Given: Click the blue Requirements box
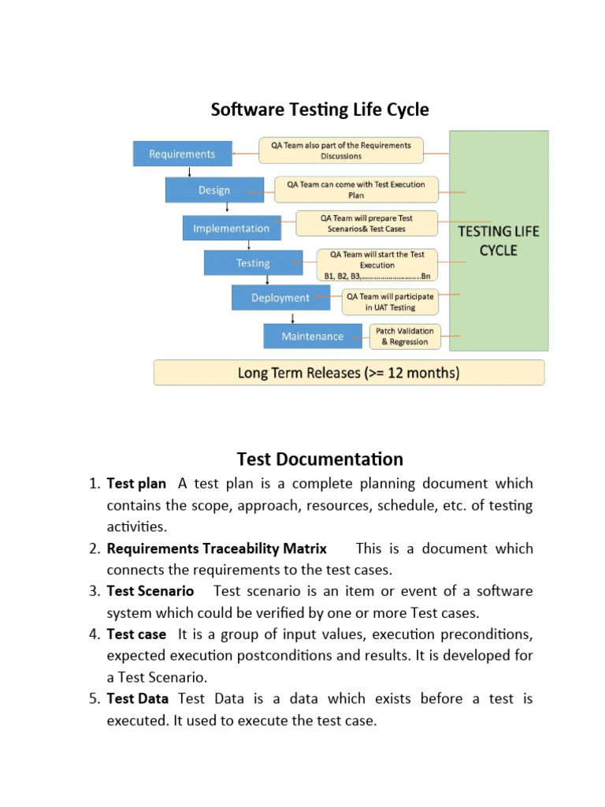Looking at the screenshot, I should [183, 154].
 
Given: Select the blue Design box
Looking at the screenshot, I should [214, 190].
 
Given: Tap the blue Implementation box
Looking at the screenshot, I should [231, 229].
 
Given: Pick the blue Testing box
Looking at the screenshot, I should [253, 263].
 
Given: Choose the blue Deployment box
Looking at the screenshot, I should [280, 298].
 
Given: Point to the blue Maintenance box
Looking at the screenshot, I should [313, 337].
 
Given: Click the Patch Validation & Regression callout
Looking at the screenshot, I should [405, 337].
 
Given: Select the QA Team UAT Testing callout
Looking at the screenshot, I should [390, 302].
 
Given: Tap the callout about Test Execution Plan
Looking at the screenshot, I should [356, 189].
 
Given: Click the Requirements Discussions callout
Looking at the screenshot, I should [341, 151].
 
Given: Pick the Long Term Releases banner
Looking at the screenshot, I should [349, 373].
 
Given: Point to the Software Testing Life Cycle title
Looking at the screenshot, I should [320, 110].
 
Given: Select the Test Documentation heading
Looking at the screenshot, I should [320, 459].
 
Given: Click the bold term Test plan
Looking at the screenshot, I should [136, 483].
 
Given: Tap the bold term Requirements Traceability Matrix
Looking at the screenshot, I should [217, 549].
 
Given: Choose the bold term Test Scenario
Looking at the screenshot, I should [150, 591].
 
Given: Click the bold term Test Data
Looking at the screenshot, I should [137, 698].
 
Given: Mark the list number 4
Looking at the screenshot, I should [94, 634].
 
